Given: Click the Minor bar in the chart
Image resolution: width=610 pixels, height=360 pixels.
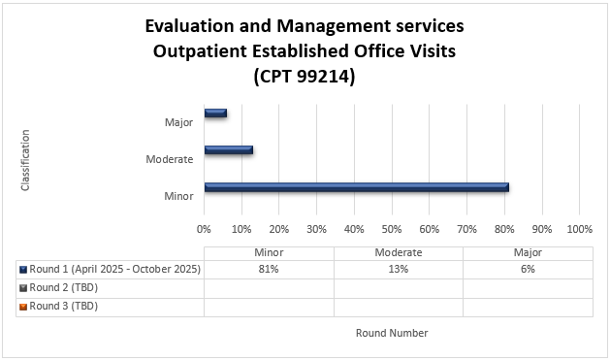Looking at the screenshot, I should [x=356, y=187].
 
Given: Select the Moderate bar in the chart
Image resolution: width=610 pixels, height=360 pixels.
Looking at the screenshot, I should [x=229, y=149].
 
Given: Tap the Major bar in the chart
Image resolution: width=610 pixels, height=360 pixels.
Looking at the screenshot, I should [x=215, y=113].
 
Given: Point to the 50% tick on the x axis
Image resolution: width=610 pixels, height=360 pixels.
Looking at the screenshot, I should [x=392, y=230].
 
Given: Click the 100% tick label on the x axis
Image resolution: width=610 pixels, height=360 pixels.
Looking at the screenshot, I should [x=579, y=230].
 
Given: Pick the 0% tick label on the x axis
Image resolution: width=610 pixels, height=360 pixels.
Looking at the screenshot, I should [x=204, y=230].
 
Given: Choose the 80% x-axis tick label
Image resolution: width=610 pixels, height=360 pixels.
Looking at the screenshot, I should [x=504, y=230].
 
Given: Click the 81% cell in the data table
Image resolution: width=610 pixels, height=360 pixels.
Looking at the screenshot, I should [x=269, y=270].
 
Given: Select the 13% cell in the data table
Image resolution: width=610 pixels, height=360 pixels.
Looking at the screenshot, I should [x=398, y=270].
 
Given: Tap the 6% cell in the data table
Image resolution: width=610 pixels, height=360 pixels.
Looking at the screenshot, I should [x=527, y=270].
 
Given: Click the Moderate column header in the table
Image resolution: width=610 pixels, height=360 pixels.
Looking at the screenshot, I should [x=398, y=252].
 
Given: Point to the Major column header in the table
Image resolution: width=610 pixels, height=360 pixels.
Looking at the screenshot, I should [x=527, y=252].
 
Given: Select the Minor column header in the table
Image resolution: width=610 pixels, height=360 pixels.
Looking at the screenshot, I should [x=269, y=252].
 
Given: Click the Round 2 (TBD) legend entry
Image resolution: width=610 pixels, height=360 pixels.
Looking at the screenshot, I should [x=64, y=288].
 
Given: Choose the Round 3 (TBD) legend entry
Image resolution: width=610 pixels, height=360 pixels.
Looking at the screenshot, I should [x=64, y=306].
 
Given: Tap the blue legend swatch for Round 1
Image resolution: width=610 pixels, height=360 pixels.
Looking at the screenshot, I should [x=22, y=270].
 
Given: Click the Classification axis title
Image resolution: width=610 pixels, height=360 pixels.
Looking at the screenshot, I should [x=25, y=159].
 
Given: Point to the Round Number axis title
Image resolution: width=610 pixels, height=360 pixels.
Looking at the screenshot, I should [x=392, y=333].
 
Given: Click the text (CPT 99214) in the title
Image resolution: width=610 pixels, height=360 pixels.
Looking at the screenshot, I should [x=304, y=75].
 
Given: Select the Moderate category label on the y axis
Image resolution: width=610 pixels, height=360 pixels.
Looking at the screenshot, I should [x=169, y=159].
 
